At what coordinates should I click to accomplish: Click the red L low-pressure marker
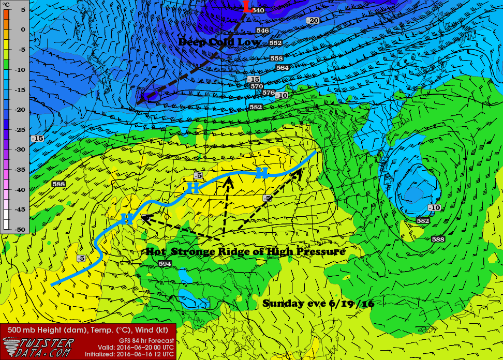coord(247,7)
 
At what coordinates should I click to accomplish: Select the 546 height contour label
coord(262,31)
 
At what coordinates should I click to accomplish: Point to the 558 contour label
coord(277,58)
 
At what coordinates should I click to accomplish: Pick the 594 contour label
coord(165,264)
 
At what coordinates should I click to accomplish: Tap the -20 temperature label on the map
coord(313,20)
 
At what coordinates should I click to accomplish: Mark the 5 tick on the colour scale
coord(22,9)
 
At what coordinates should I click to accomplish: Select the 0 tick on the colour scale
coord(22,29)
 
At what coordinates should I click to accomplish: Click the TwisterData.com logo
coord(39,347)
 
